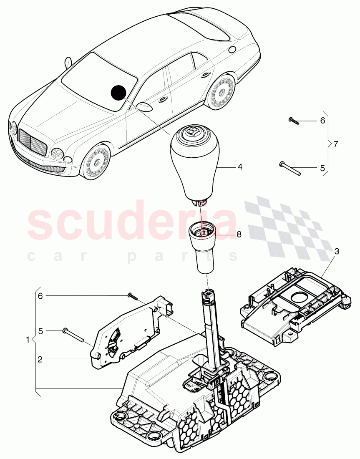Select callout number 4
point(239,167)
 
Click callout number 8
point(239,235)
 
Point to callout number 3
point(337,251)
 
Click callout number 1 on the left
point(28,340)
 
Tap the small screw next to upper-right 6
point(292,121)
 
